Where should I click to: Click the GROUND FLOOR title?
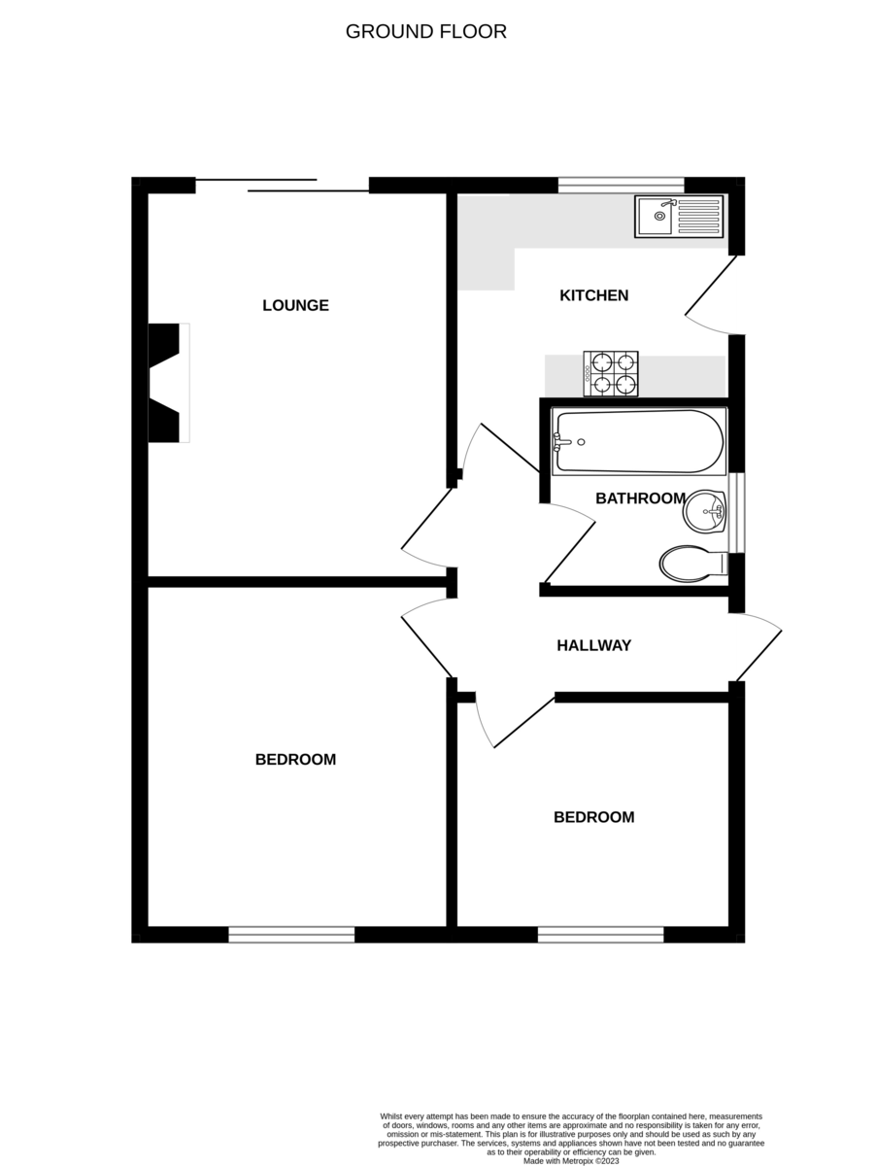pyautogui.click(x=425, y=31)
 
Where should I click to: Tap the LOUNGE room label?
pyautogui.click(x=295, y=305)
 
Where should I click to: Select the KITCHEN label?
pyautogui.click(x=593, y=295)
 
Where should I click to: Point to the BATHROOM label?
pyautogui.click(x=640, y=498)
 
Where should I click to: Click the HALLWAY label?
pyautogui.click(x=593, y=645)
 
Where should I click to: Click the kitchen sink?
pyautogui.click(x=680, y=217)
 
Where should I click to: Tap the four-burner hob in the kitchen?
pyautogui.click(x=611, y=373)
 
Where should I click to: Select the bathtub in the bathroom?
pyautogui.click(x=639, y=442)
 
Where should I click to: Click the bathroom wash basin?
pyautogui.click(x=706, y=512)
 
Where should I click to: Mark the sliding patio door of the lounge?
pyautogui.click(x=282, y=186)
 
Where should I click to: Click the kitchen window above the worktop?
pyautogui.click(x=621, y=184)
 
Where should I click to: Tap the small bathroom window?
pyautogui.click(x=736, y=512)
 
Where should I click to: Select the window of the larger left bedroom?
pyautogui.click(x=291, y=935)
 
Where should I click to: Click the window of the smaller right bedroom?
pyautogui.click(x=600, y=935)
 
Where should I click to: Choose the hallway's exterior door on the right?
pyautogui.click(x=758, y=648)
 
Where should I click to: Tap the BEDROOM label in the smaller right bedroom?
pyautogui.click(x=593, y=817)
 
